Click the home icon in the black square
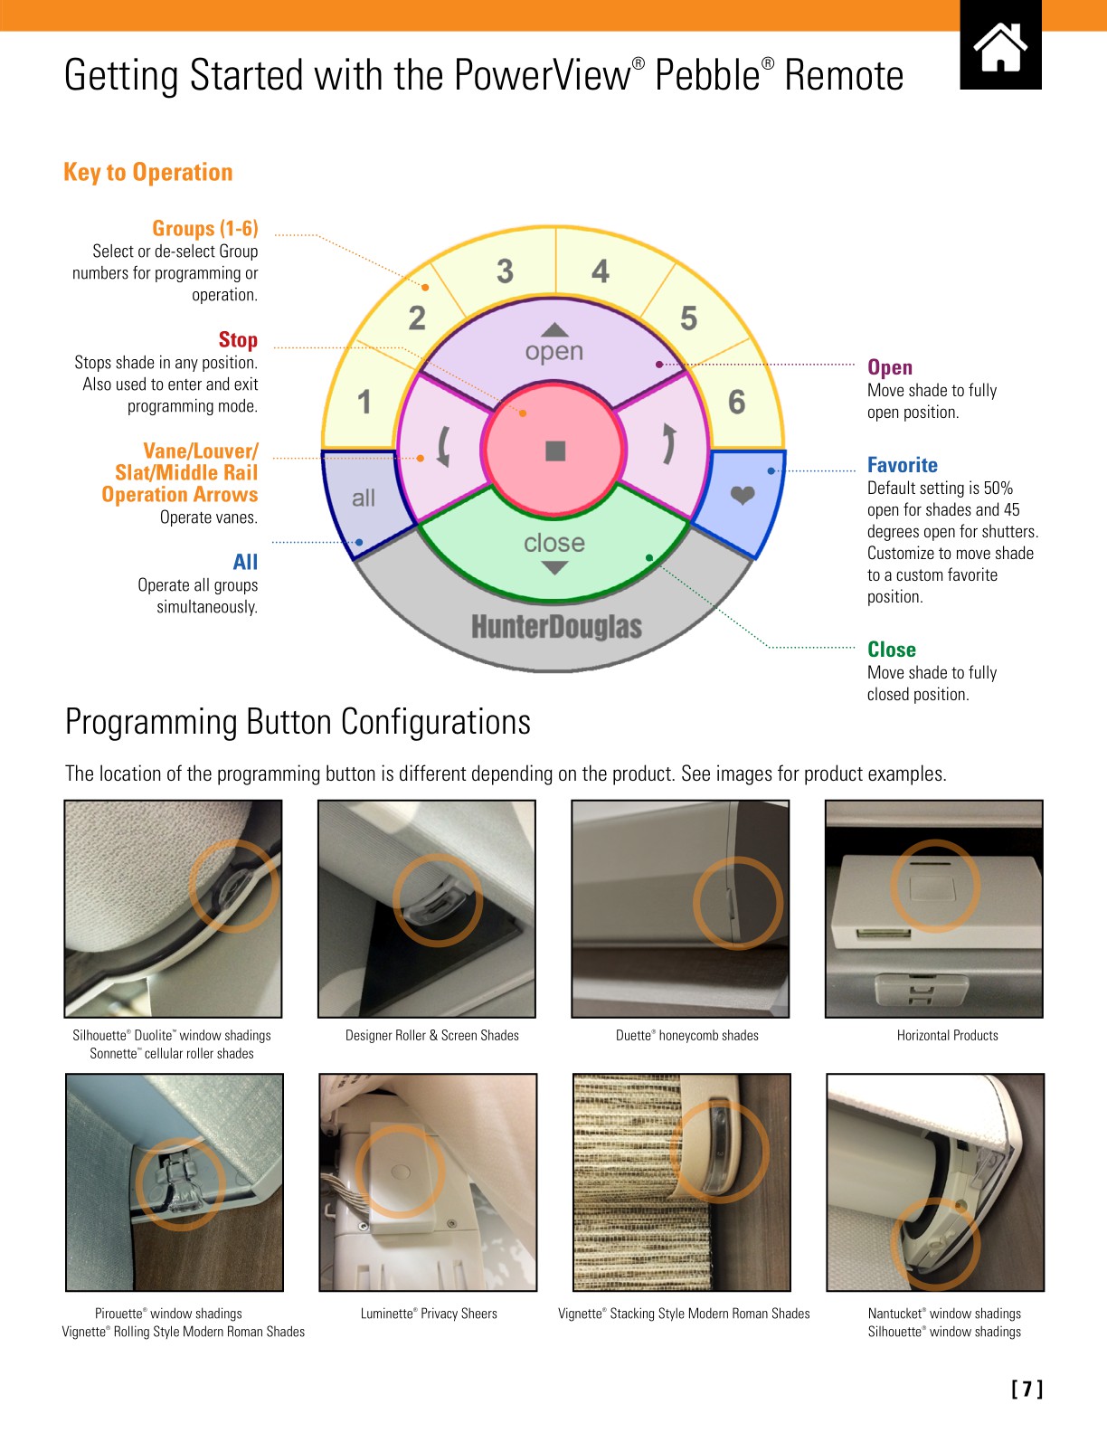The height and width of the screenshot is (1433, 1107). (x=1000, y=47)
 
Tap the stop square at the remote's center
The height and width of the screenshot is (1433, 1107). (x=555, y=451)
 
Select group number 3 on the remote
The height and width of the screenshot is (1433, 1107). (x=505, y=270)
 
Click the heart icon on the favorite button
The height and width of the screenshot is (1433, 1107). (x=743, y=495)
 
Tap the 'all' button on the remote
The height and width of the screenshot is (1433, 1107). (x=364, y=498)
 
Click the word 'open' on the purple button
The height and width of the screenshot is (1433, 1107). (x=554, y=351)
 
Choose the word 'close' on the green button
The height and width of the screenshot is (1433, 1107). (x=554, y=543)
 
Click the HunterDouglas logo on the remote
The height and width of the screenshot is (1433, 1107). (x=556, y=627)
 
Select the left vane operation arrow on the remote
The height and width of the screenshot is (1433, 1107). (x=443, y=446)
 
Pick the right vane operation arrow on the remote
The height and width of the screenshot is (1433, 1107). (x=667, y=443)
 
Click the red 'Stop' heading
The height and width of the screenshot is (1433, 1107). (x=238, y=340)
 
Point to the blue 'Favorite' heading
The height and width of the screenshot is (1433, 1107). (x=902, y=465)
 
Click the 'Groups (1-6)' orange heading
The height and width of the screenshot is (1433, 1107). (x=204, y=228)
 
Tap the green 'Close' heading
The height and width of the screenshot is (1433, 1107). (x=891, y=650)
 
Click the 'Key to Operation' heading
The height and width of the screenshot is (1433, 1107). (x=148, y=172)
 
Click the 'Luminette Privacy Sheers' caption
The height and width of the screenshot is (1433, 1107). (x=429, y=1314)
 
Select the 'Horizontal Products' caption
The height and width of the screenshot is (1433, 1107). (x=947, y=1036)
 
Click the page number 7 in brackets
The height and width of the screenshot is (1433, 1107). (x=1027, y=1390)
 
